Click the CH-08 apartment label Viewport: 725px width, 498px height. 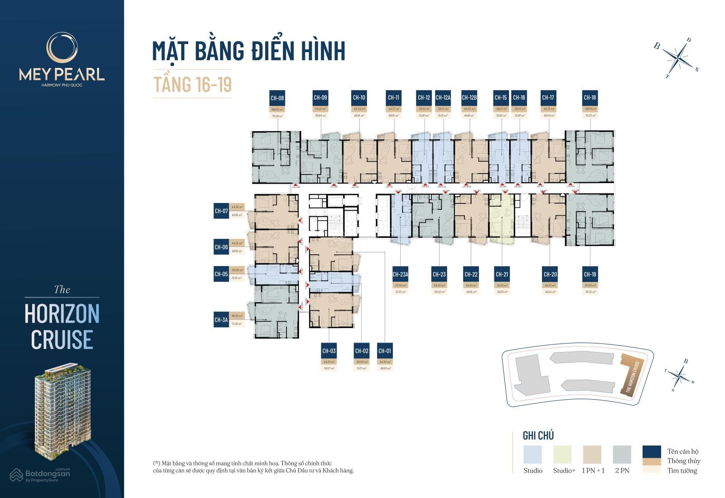click(277, 98)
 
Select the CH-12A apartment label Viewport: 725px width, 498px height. click(443, 98)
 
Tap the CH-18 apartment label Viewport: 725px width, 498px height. click(590, 98)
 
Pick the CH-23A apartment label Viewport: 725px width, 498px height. click(401, 275)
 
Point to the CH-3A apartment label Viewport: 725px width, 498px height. click(221, 320)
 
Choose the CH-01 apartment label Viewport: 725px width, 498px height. click(384, 351)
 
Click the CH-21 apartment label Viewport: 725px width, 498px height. click(502, 275)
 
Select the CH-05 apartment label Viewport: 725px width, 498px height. click(221, 274)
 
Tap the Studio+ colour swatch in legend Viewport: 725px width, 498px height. click(562, 454)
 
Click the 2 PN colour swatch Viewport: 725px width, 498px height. click(622, 454)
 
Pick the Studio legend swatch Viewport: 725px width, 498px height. click(532, 454)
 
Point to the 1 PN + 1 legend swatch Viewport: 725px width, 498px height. click(592, 454)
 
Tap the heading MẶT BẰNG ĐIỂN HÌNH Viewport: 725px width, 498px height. click(249, 51)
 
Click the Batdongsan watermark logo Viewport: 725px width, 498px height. click(40, 474)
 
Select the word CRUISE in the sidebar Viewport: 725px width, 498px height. click(62, 340)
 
